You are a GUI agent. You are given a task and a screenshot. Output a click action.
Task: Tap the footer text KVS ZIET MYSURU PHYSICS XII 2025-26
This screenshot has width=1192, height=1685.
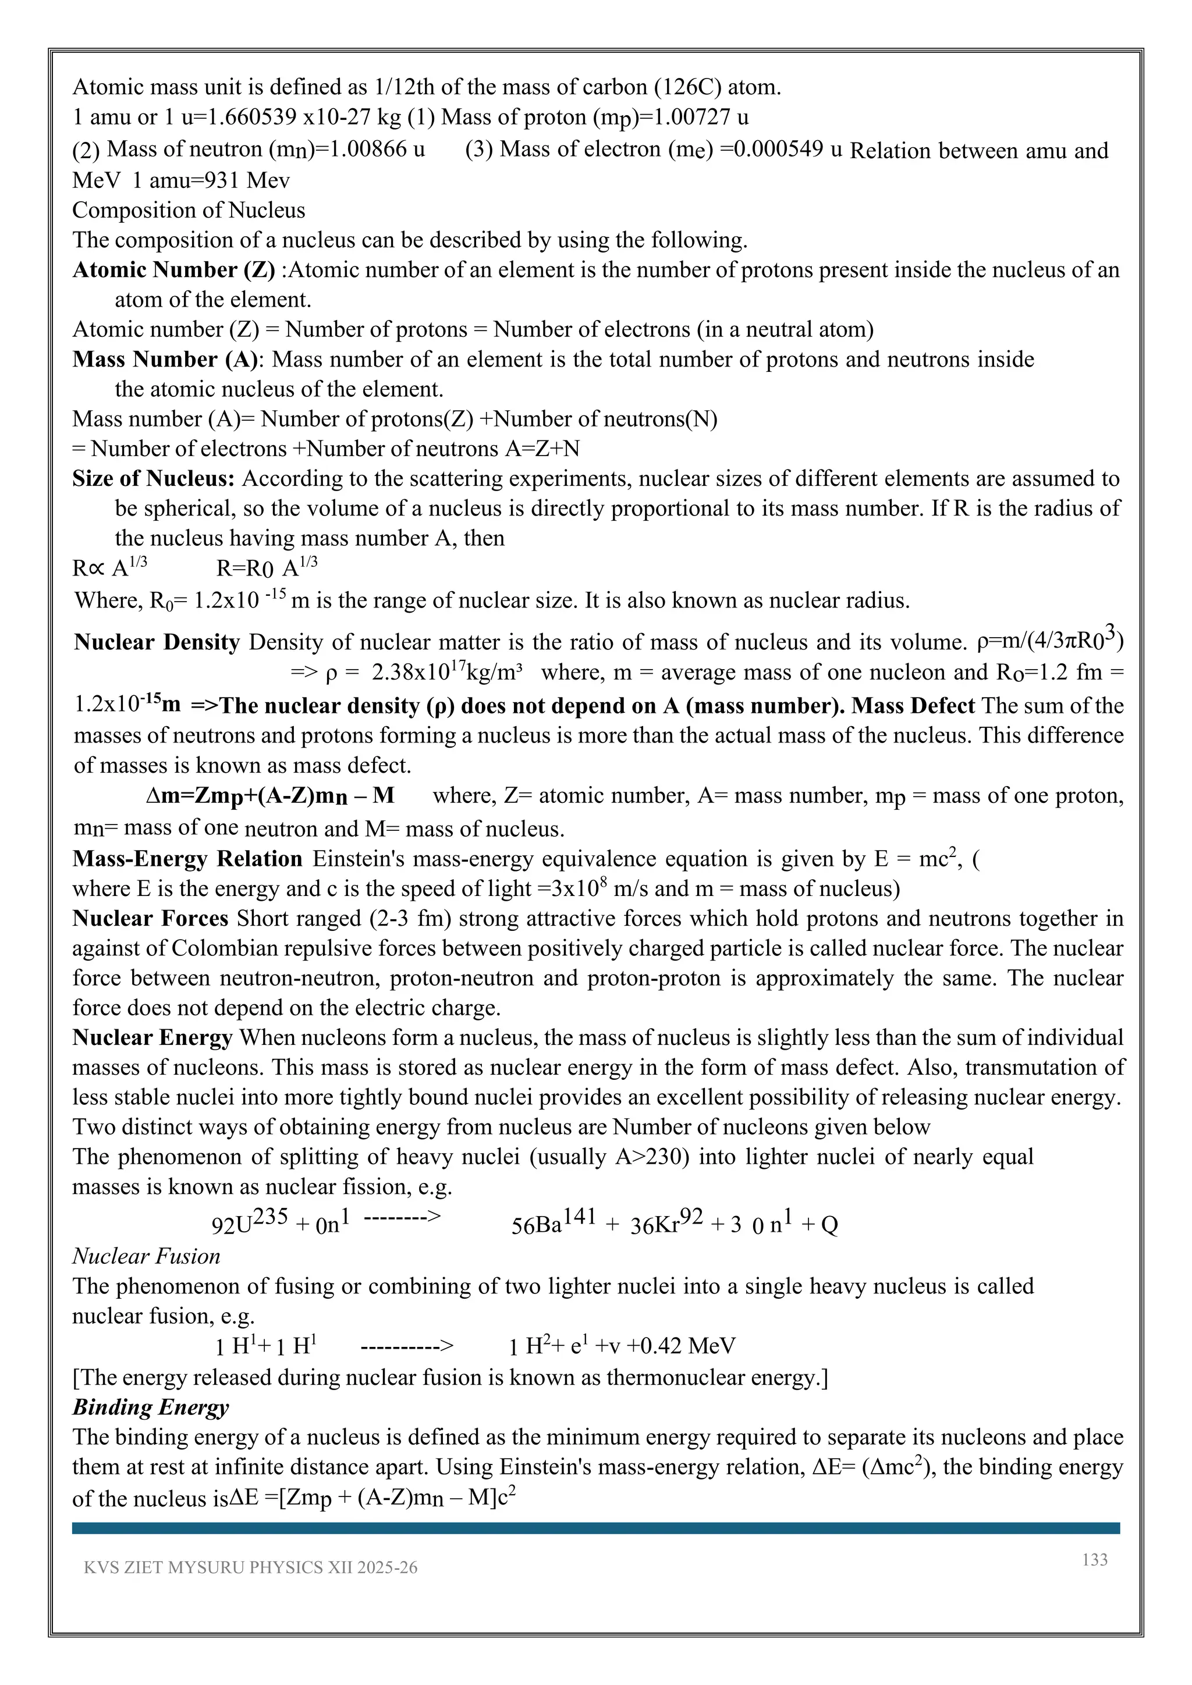point(250,1588)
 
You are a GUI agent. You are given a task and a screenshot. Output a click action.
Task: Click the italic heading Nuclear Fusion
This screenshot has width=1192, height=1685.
point(146,1256)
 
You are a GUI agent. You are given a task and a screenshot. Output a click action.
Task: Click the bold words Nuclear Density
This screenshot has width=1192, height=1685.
point(157,642)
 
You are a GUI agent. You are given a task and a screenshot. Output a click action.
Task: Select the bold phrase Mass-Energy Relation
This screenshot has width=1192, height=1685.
point(187,859)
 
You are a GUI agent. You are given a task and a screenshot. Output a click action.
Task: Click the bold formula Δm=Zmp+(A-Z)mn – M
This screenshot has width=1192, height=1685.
point(270,797)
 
